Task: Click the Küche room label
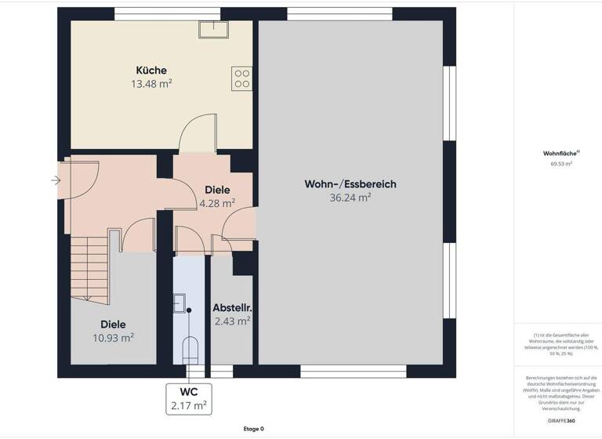tap(150, 71)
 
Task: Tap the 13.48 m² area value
tap(150, 84)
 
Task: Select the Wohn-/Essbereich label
tap(350, 184)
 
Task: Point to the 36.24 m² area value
tap(350, 198)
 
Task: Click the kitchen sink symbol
tap(212, 29)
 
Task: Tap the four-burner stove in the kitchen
tap(241, 78)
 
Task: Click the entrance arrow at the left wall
tap(56, 181)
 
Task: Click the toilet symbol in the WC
tap(188, 348)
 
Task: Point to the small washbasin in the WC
tap(180, 303)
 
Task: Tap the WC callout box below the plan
tap(188, 398)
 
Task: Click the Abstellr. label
tap(231, 307)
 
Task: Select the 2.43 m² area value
tap(231, 321)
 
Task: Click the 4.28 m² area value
tap(217, 203)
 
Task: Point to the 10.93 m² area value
tap(113, 337)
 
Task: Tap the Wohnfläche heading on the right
tap(560, 154)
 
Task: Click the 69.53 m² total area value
tap(560, 165)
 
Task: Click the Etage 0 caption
tap(253, 429)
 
